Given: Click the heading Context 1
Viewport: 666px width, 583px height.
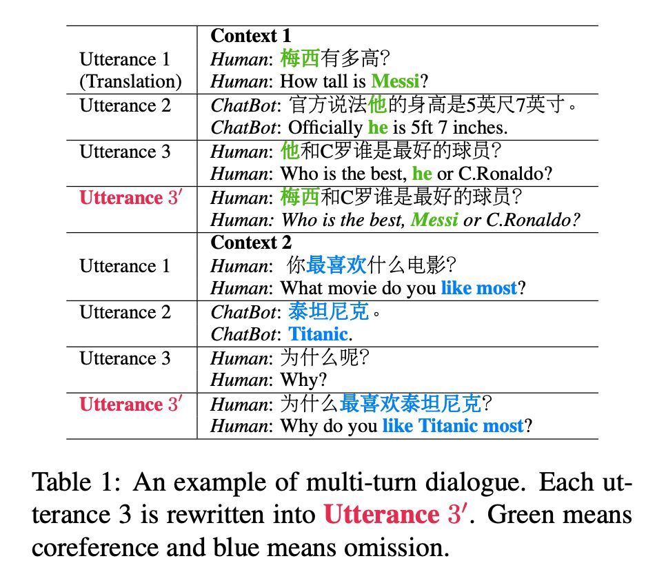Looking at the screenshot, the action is (x=250, y=36).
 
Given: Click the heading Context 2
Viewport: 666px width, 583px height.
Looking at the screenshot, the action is (x=251, y=243).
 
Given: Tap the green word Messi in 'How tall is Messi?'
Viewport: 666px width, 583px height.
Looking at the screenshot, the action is (x=395, y=81).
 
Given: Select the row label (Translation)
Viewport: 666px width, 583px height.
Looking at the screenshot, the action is (x=130, y=81).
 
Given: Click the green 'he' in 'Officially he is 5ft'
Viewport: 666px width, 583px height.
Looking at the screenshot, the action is (x=378, y=127).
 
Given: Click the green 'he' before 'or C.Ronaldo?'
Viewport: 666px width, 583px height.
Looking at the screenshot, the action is (x=422, y=174).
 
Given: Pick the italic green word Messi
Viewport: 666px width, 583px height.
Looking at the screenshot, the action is (x=434, y=220).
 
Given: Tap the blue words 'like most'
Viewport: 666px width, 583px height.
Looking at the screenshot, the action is (x=478, y=288).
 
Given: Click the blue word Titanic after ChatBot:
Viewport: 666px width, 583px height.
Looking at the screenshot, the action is (x=318, y=334).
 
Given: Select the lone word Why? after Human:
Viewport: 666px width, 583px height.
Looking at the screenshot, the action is (x=304, y=380).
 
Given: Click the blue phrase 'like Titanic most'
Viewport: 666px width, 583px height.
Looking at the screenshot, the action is (x=453, y=426).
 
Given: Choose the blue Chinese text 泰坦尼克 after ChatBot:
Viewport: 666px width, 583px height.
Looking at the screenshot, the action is (x=328, y=312).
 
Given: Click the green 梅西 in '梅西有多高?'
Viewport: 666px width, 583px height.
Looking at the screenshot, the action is (x=300, y=59).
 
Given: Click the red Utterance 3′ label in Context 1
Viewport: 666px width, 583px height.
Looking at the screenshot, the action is (x=130, y=198).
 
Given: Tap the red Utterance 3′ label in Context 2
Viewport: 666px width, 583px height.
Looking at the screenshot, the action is (x=130, y=404).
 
